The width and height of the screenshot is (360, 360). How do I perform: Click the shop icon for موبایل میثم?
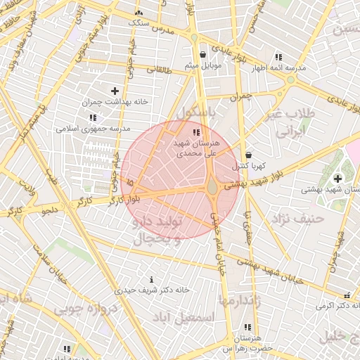(x=202, y=54)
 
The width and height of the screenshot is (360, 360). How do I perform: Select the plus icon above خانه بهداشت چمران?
(x=115, y=91)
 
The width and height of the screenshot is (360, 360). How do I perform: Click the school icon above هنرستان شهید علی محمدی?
(x=196, y=132)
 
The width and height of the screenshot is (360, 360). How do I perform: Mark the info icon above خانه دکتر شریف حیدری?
(x=152, y=280)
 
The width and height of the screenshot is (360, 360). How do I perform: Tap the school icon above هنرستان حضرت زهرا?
(x=247, y=327)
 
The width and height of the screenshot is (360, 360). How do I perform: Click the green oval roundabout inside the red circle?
(x=212, y=187)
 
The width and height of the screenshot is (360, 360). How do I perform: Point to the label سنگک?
(x=139, y=22)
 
